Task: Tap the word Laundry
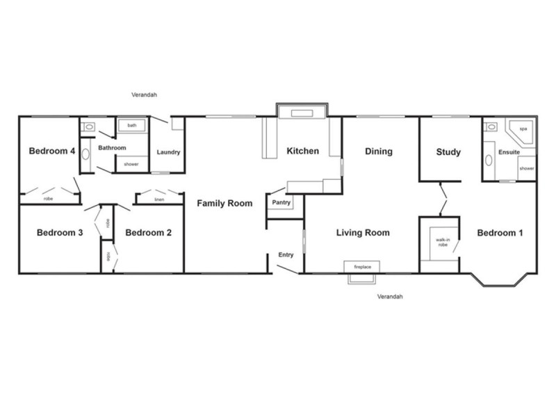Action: (169, 153)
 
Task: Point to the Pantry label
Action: (281, 203)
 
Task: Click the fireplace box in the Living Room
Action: (361, 266)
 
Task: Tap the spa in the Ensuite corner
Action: (523, 130)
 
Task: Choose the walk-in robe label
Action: (442, 243)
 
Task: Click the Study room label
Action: (448, 152)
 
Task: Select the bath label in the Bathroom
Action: (131, 126)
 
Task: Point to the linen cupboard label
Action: (158, 199)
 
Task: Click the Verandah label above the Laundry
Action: (147, 95)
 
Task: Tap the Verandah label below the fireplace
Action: (390, 297)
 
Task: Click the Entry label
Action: (286, 255)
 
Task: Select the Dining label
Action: (379, 151)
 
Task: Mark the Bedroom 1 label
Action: (499, 234)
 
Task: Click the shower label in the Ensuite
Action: (526, 168)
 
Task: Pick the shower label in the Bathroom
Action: (131, 164)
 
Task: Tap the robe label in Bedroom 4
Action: (49, 199)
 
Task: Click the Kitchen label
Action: (303, 151)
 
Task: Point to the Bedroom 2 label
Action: (148, 234)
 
